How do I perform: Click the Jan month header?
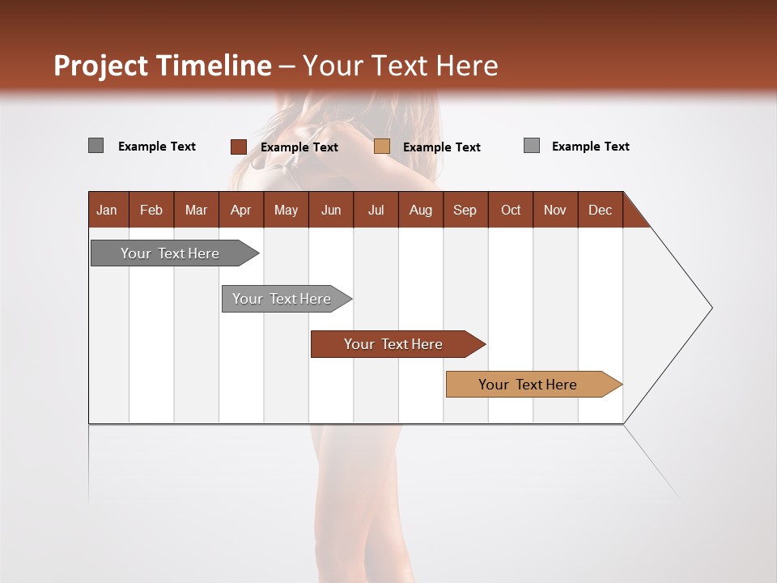click(107, 210)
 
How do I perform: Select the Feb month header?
click(151, 210)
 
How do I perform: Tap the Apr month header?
click(241, 210)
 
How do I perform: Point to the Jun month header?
click(331, 210)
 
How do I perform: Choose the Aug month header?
click(421, 210)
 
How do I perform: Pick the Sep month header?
click(465, 210)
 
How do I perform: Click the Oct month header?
click(511, 210)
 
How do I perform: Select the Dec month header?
click(601, 210)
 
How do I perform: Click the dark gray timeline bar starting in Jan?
click(170, 253)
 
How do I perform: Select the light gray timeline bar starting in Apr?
click(282, 299)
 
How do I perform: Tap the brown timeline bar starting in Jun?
click(393, 344)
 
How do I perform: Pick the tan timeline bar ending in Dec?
click(528, 385)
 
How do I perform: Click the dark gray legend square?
click(96, 146)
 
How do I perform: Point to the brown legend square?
click(239, 147)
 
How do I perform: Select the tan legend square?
click(382, 147)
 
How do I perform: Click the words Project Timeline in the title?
click(162, 66)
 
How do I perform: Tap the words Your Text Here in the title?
click(401, 66)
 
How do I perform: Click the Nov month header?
click(555, 210)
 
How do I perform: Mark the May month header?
click(286, 210)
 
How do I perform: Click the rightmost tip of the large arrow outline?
click(711, 308)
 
